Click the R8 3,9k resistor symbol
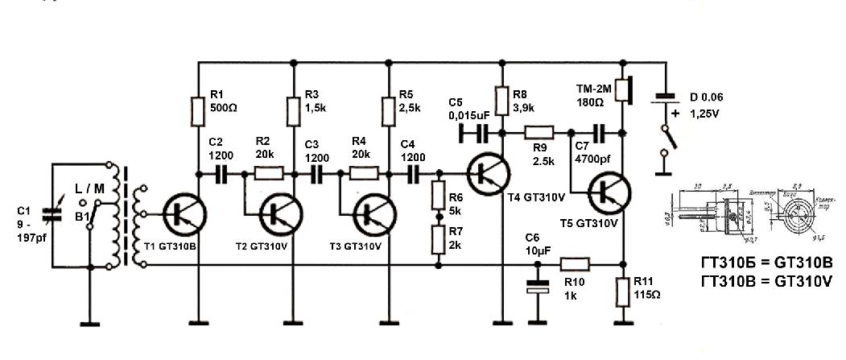(x=502, y=101)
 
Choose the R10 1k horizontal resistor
(x=575, y=263)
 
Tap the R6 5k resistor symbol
(x=439, y=197)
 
